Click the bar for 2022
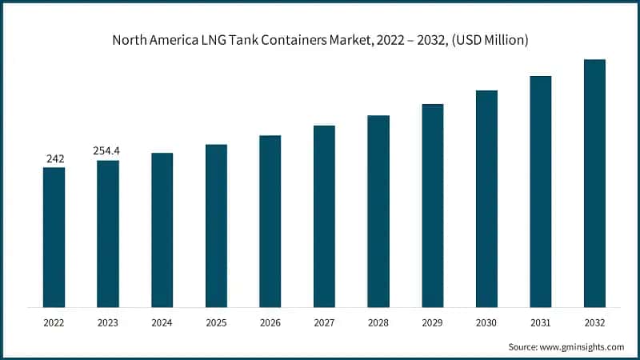point(54,237)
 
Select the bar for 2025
point(216,226)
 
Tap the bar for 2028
point(378,211)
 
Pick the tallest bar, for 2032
point(594,183)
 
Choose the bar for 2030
point(486,198)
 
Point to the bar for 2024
point(162,230)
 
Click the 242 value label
point(54,159)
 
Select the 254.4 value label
point(108,153)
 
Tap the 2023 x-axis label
point(108,322)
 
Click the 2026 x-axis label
point(270,322)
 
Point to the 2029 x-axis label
point(432,322)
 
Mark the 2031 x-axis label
point(540,322)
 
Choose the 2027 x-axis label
point(324,322)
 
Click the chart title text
point(320,41)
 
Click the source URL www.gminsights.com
point(582,346)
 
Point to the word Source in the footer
point(524,346)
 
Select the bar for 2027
point(324,216)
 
